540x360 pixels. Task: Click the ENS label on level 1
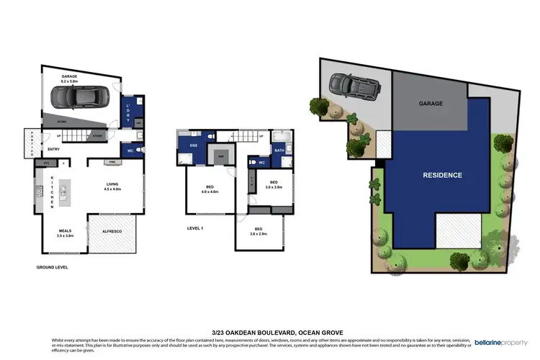point(192,145)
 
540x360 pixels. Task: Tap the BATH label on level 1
point(279,150)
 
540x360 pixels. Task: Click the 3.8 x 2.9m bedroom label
point(259,231)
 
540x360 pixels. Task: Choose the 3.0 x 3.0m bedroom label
point(274,184)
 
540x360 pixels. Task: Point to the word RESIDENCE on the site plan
point(442,175)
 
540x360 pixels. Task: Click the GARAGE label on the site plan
point(431,104)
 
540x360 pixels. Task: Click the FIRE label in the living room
point(112,161)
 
